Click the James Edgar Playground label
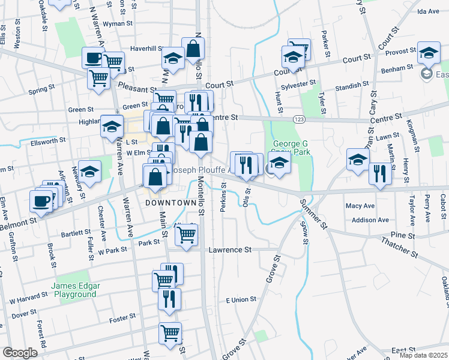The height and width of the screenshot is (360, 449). tap(75, 290)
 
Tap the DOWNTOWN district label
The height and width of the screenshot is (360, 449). tap(170, 203)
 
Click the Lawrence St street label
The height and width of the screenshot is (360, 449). tap(230, 250)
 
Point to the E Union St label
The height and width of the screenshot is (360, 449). tap(241, 299)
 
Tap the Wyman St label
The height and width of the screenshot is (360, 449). tap(118, 23)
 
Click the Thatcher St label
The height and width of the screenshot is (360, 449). tap(399, 247)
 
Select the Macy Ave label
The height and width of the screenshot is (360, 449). tap(360, 206)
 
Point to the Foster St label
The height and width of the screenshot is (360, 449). tap(122, 320)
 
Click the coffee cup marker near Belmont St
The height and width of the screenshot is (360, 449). tap(41, 200)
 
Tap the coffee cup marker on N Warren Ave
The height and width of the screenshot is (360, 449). tap(93, 58)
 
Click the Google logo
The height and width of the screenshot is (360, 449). tap(19, 353)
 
